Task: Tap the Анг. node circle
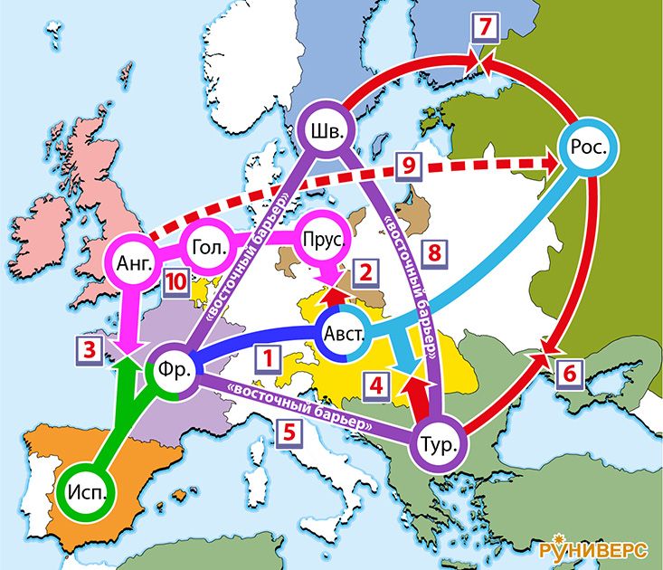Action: pyautogui.click(x=135, y=263)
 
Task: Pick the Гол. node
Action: pyautogui.click(x=208, y=246)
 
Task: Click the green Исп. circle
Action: pyautogui.click(x=87, y=493)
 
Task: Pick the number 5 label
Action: pyautogui.click(x=288, y=432)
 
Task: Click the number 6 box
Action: pyautogui.click(x=567, y=371)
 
